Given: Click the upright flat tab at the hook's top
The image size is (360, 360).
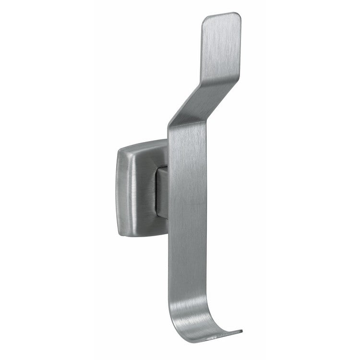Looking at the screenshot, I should (221, 43).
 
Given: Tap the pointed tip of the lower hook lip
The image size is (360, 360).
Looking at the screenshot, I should (241, 332).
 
